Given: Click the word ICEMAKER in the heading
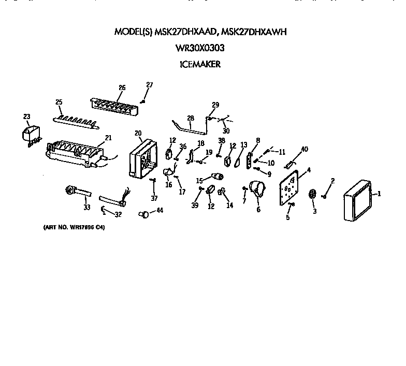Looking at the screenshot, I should [x=200, y=65].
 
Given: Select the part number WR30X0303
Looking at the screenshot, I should [x=200, y=48].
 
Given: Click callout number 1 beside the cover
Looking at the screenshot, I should [x=379, y=194].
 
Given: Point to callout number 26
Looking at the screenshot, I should [x=122, y=87].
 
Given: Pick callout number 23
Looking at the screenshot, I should [x=26, y=116].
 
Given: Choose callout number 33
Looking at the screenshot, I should [x=86, y=208].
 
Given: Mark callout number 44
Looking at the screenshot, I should [x=160, y=210].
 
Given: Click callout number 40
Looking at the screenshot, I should [x=304, y=150].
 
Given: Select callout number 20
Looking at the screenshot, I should [x=138, y=132].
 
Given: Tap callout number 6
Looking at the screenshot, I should [x=258, y=210].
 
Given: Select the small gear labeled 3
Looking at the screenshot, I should [x=312, y=194].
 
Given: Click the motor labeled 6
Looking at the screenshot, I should [x=256, y=191].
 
